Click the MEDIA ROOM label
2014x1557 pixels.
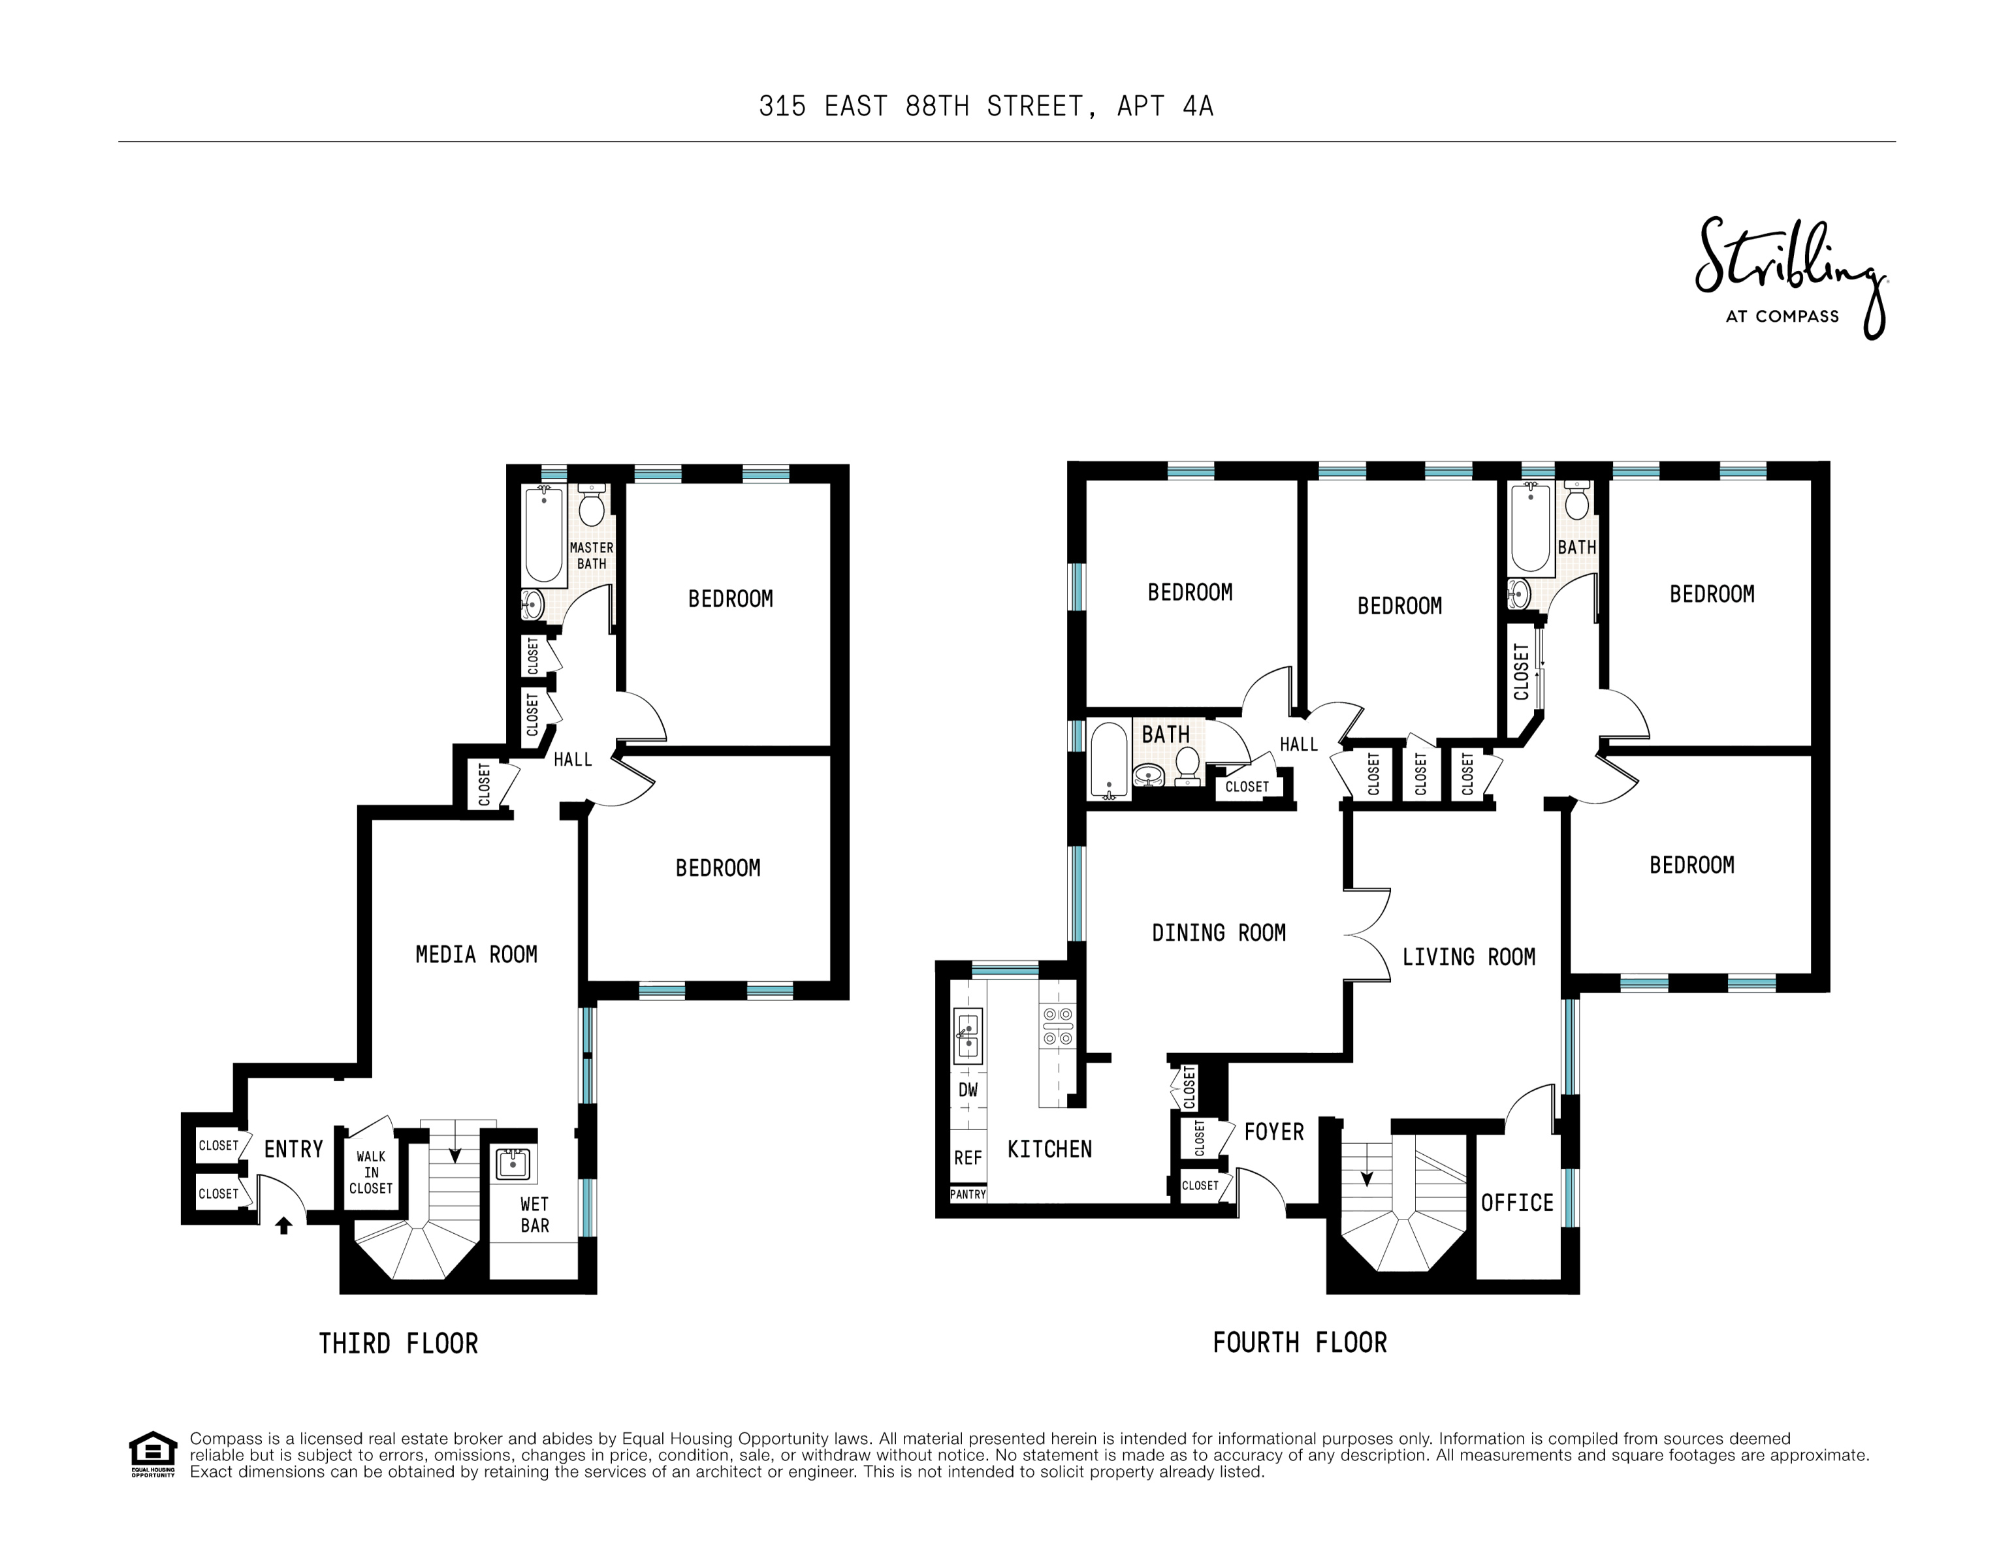(x=476, y=954)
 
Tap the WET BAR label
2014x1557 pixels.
(x=534, y=1214)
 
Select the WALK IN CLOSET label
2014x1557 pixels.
(x=371, y=1172)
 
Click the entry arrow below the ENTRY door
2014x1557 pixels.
(x=284, y=1225)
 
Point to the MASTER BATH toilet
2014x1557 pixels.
(x=591, y=505)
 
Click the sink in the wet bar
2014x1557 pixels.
(x=512, y=1163)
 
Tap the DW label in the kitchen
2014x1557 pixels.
(x=967, y=1090)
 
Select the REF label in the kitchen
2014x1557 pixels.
(x=967, y=1158)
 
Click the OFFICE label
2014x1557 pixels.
(x=1517, y=1203)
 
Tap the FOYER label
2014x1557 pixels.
(x=1273, y=1131)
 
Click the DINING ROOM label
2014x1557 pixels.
(x=1218, y=933)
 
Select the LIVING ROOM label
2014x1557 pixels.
(x=1468, y=957)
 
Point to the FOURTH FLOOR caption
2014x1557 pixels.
(x=1300, y=1342)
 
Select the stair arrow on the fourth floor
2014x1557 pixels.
(x=1367, y=1177)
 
